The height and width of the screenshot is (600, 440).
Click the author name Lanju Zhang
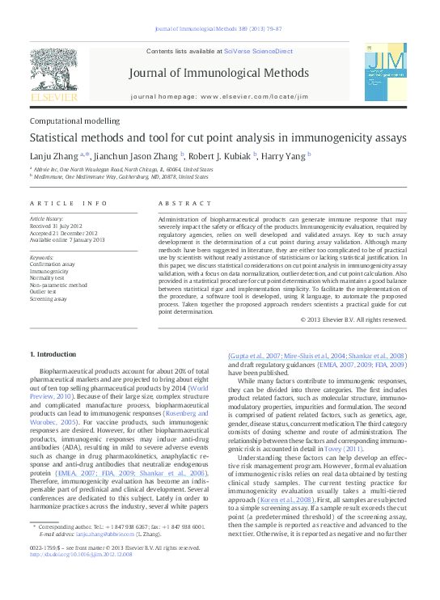coord(53,156)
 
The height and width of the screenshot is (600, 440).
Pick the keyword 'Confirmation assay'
coord(55,264)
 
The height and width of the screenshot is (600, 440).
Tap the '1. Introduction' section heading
coord(53,355)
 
